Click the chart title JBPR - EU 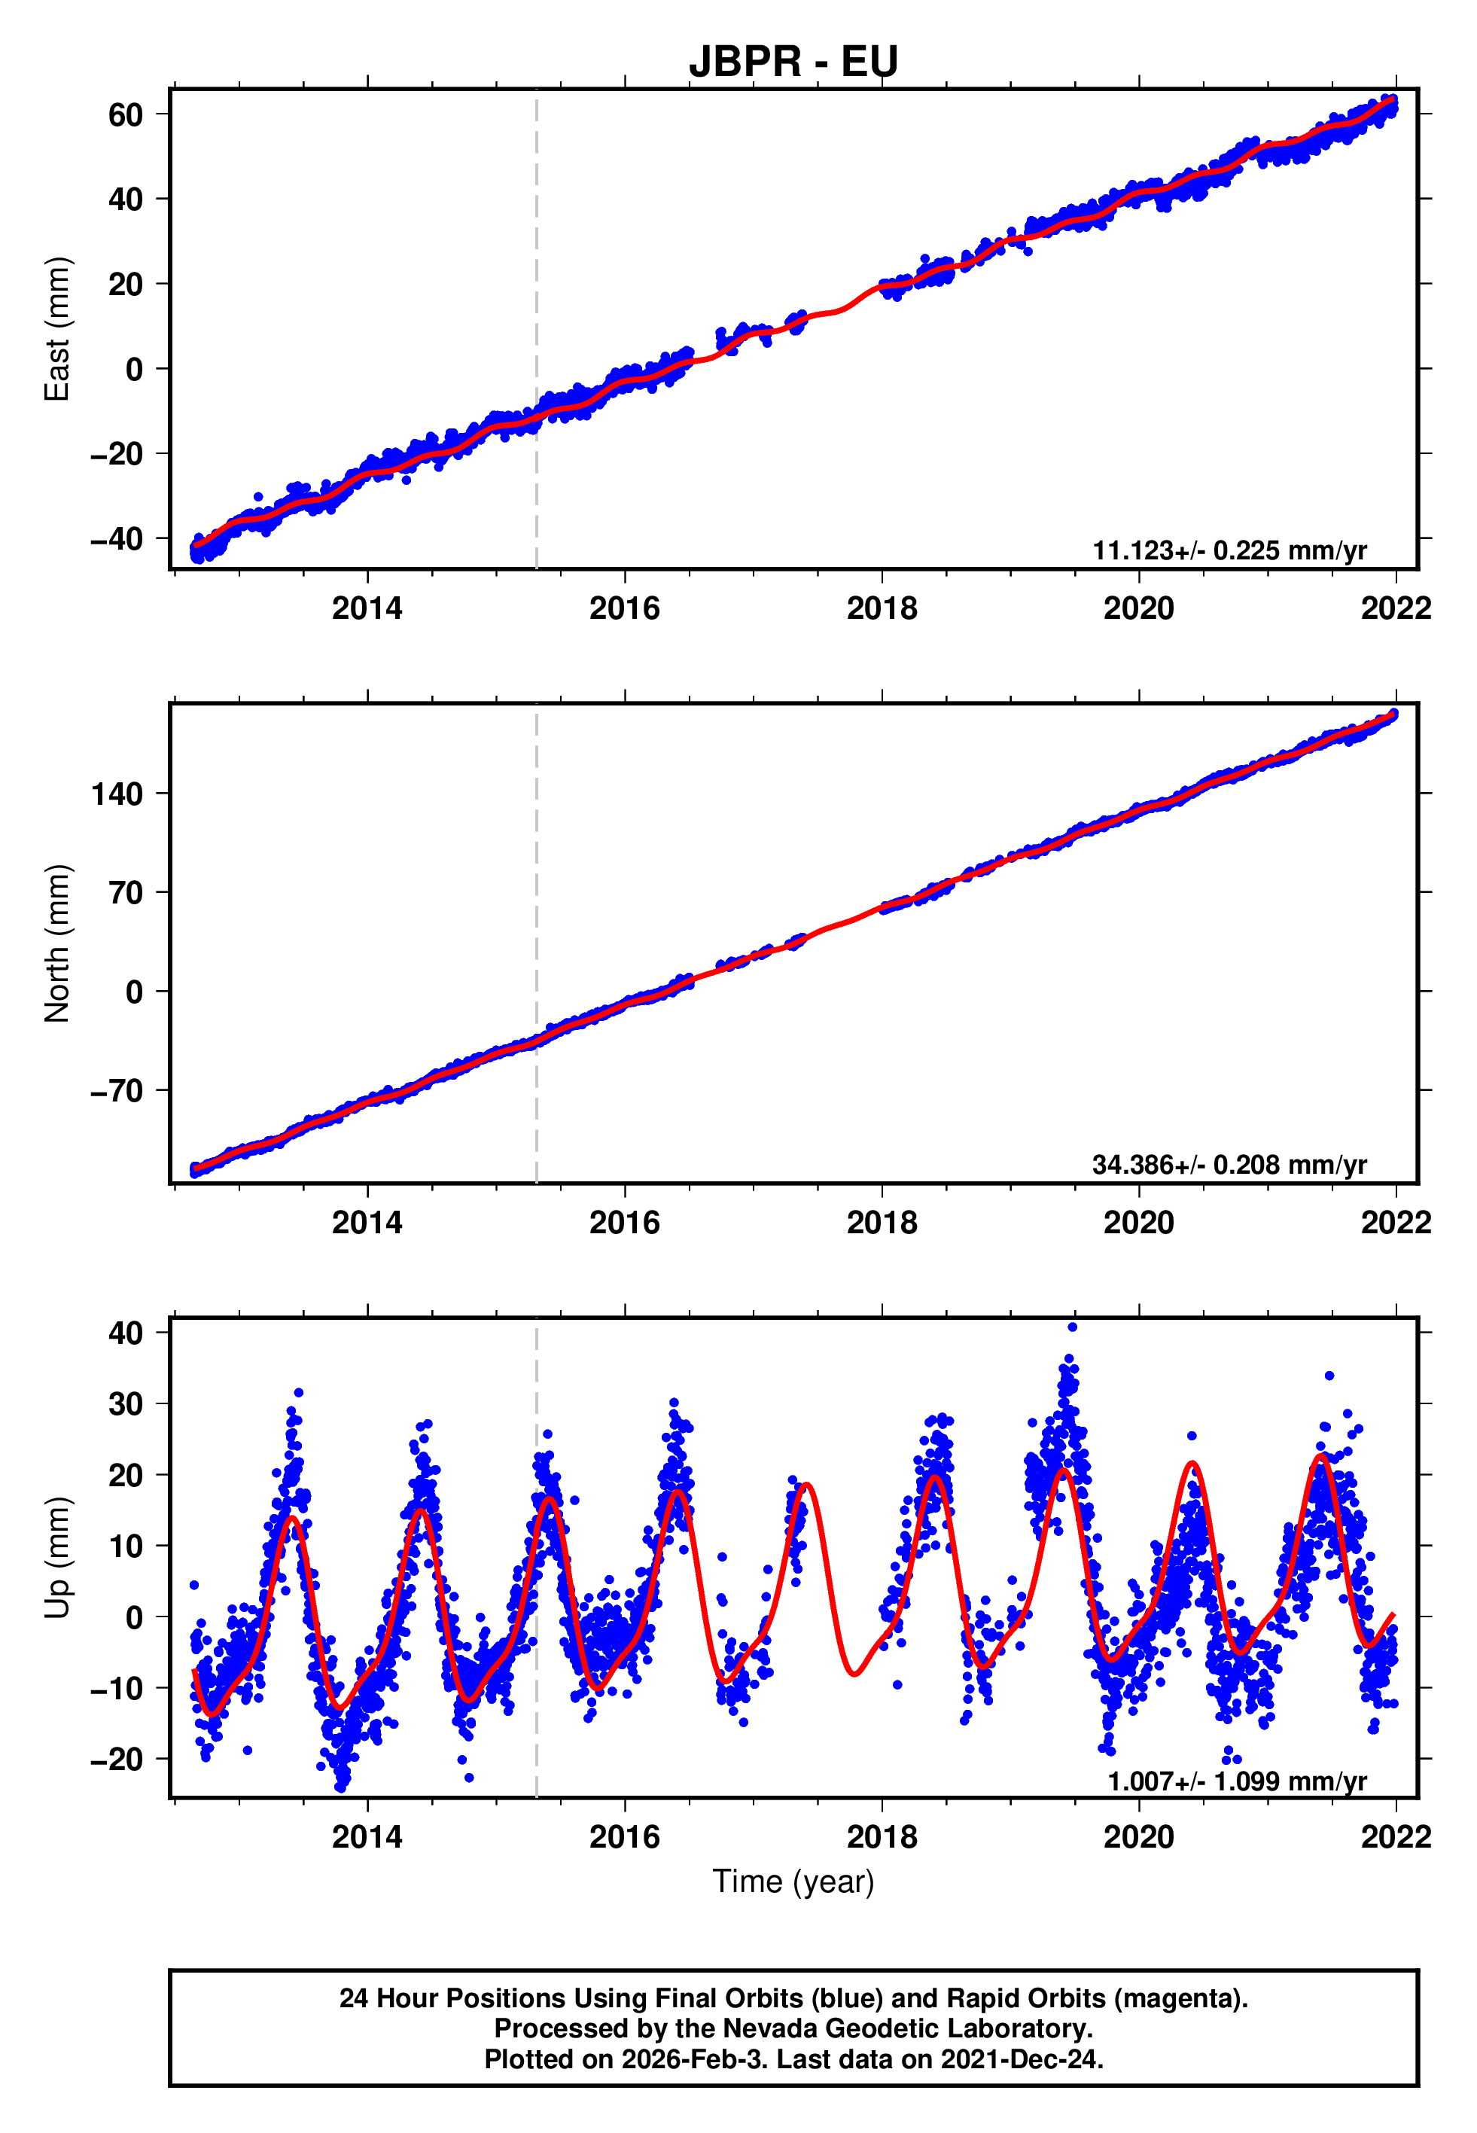[793, 61]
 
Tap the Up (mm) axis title [57, 1558]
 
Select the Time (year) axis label [793, 1882]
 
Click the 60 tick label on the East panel [125, 114]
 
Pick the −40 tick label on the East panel [117, 538]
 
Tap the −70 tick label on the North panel [117, 1091]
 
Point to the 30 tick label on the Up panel [125, 1403]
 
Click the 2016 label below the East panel [625, 609]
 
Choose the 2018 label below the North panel [882, 1223]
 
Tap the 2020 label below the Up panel [1138, 1837]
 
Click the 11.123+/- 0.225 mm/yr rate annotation [1229, 550]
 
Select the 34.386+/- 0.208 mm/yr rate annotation [1229, 1165]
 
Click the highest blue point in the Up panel [1073, 1327]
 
